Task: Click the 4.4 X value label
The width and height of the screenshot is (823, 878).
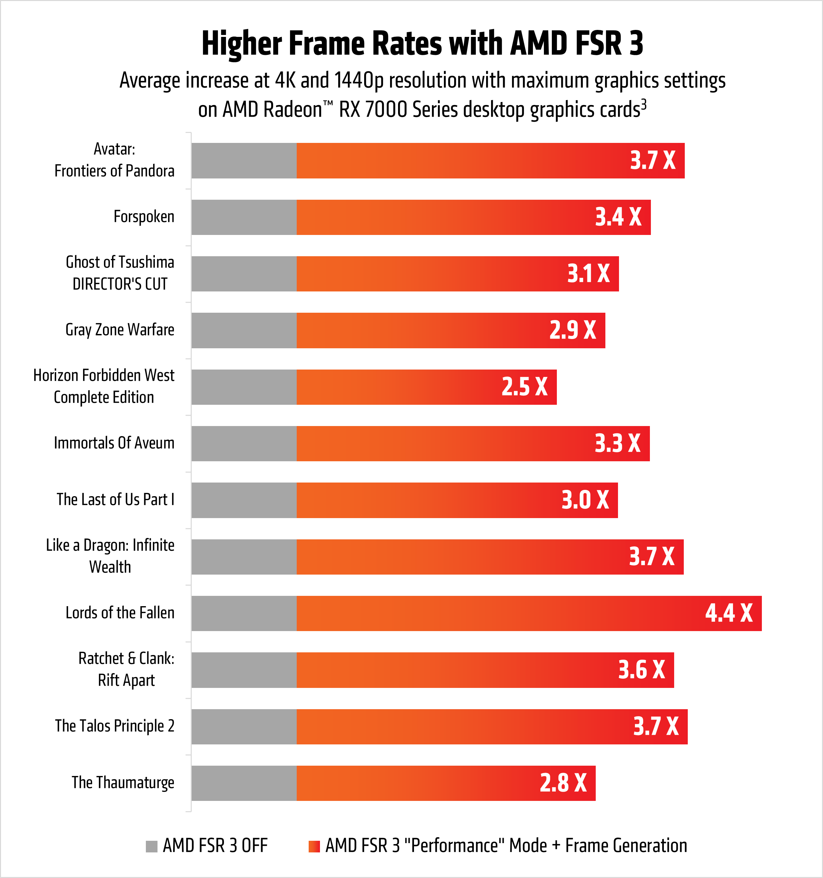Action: [729, 613]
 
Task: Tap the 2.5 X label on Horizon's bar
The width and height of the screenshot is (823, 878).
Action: [525, 387]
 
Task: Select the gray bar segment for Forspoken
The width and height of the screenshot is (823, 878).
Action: [244, 217]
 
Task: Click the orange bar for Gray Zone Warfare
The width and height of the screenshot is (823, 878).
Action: [419, 330]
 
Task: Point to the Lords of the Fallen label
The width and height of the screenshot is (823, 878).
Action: [120, 613]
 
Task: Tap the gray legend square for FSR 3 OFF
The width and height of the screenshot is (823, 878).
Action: [152, 846]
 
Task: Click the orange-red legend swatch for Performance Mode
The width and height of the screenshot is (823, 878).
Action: [314, 846]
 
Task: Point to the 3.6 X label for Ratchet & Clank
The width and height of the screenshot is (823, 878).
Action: [641, 670]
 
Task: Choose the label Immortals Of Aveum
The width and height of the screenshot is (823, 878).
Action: [114, 443]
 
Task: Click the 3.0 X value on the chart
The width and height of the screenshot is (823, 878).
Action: [585, 500]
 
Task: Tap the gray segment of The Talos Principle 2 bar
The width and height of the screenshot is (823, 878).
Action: [244, 726]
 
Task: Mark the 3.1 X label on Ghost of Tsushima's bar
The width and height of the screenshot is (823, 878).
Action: [588, 274]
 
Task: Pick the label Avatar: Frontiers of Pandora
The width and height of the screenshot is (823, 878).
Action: [114, 160]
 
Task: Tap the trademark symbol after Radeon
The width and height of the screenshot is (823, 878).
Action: [328, 104]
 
